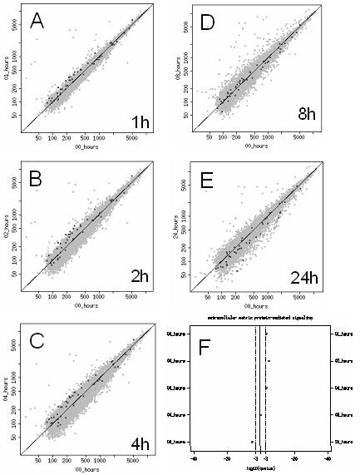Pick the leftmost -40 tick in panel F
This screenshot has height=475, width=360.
194,458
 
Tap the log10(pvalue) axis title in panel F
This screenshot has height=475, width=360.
259,468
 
